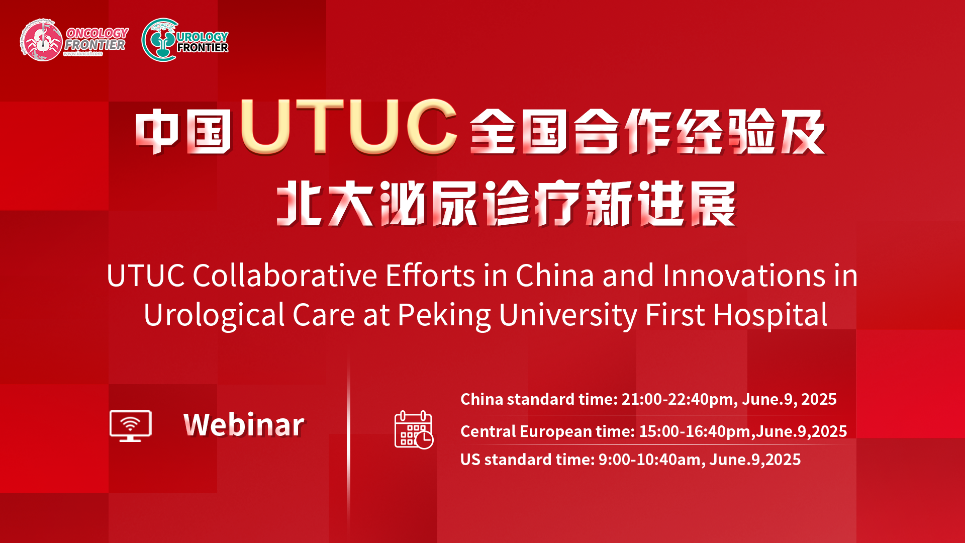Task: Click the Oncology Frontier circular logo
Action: tap(42, 40)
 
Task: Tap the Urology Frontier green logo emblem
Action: tap(160, 40)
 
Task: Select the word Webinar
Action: tap(244, 424)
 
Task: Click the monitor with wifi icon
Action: tap(131, 426)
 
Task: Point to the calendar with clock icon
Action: tap(414, 430)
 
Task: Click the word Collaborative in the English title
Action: tap(285, 276)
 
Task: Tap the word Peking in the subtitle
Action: tap(444, 316)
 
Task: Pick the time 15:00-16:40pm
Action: tap(695, 431)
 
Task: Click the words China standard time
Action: tap(539, 399)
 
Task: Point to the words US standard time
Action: tap(527, 460)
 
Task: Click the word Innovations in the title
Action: tap(744, 276)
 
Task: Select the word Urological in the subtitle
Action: tap(215, 316)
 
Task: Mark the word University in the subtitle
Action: tap(568, 316)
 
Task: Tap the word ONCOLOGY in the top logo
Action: tap(98, 33)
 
